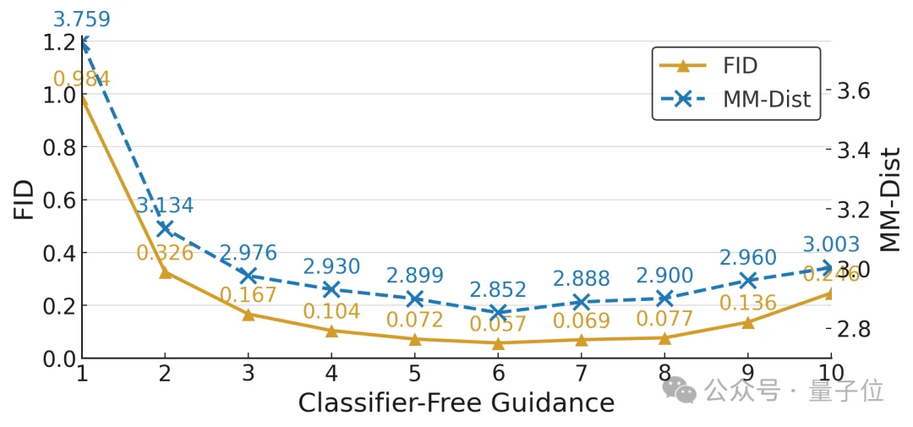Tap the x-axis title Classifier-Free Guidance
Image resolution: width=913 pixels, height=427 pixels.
(456, 403)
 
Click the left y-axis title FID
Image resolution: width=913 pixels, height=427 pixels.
(25, 200)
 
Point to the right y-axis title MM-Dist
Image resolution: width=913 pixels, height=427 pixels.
(890, 200)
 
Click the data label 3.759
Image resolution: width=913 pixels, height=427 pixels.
(81, 19)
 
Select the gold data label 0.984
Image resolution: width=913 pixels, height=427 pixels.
(81, 79)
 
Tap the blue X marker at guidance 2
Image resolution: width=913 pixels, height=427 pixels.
(166, 228)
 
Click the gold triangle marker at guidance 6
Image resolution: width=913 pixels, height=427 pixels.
(498, 343)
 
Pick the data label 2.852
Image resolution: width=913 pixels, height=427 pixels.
(498, 290)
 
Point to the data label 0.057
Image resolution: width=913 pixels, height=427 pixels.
(498, 324)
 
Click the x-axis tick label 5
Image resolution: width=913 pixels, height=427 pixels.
(414, 373)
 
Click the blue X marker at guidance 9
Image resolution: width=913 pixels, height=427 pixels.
(747, 281)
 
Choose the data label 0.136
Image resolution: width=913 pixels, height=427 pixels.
(747, 303)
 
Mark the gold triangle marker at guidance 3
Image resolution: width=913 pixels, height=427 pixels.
(249, 314)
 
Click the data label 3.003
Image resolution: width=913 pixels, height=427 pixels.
(830, 245)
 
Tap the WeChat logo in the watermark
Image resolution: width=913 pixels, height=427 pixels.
(680, 390)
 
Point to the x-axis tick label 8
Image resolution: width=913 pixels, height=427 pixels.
(664, 373)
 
